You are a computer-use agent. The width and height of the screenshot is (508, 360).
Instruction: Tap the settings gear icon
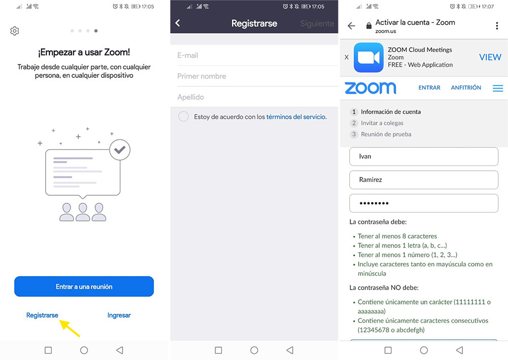[x=15, y=31]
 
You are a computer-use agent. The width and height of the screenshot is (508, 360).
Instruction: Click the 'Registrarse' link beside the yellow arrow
[x=42, y=315]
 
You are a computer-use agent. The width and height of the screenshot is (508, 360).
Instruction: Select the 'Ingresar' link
[x=119, y=315]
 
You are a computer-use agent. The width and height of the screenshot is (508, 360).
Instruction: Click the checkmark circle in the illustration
[x=120, y=149]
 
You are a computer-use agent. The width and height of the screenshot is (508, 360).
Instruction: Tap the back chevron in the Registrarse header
[x=177, y=23]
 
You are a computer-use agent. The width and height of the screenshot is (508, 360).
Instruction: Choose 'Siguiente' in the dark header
[x=317, y=23]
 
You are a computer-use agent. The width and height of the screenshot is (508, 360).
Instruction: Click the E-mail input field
[x=254, y=55]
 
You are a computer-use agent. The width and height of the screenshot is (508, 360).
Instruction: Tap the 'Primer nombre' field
[x=254, y=76]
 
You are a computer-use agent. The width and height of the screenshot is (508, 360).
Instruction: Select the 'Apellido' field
[x=254, y=97]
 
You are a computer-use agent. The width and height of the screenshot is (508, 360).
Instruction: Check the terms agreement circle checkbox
[x=183, y=117]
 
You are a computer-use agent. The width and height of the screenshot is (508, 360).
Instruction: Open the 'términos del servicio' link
[x=296, y=117]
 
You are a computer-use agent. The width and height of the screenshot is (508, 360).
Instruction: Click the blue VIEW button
[x=490, y=57]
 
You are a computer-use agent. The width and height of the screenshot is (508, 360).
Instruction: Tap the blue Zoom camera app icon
[x=368, y=57]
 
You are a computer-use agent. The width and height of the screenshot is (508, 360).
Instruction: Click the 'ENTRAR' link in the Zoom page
[x=429, y=88]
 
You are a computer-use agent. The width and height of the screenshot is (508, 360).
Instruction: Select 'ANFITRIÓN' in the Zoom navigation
[x=466, y=88]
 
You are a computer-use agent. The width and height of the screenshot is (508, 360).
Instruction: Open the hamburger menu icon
[x=498, y=88]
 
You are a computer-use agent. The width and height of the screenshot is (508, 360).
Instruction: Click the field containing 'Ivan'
[x=424, y=157]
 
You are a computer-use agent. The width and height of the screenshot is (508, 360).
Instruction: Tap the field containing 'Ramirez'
[x=424, y=179]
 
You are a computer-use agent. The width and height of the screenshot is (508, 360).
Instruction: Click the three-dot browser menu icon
[x=497, y=26]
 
